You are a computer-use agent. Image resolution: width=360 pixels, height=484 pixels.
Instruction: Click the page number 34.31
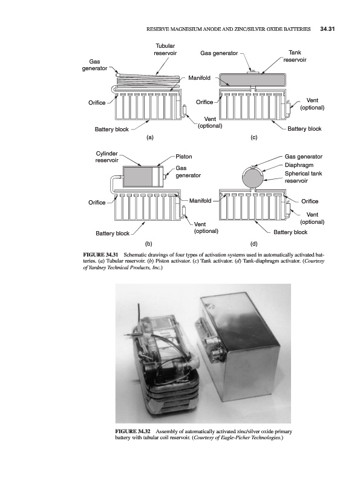click(x=327, y=29)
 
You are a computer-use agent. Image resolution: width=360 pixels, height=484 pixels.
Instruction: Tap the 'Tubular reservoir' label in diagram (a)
click(x=165, y=50)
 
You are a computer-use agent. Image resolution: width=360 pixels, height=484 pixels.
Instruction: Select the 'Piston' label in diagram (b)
click(x=184, y=157)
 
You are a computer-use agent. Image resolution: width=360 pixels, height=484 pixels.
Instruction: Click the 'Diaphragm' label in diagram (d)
click(x=299, y=165)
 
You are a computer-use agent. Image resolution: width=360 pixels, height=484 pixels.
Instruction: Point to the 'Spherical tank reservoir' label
click(x=303, y=177)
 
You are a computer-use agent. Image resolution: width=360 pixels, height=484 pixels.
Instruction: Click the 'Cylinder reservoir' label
click(x=107, y=157)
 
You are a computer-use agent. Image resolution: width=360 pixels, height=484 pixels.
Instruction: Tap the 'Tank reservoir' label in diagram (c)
click(x=295, y=56)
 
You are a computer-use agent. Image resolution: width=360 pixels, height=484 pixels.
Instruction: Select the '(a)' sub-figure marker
click(x=149, y=137)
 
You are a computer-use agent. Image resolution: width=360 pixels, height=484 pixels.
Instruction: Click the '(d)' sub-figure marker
click(x=254, y=244)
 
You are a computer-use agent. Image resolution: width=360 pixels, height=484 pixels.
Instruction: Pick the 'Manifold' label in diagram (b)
click(x=200, y=201)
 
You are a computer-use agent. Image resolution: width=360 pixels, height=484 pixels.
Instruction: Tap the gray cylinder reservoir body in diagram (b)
click(x=137, y=177)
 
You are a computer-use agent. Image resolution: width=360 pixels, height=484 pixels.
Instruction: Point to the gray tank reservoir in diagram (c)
click(x=252, y=80)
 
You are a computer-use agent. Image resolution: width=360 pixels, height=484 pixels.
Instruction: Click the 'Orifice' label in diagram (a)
click(x=97, y=103)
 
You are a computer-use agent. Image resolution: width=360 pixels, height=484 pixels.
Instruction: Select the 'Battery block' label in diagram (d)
click(x=290, y=232)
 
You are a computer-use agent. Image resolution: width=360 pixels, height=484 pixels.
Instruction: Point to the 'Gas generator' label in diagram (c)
click(x=219, y=53)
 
